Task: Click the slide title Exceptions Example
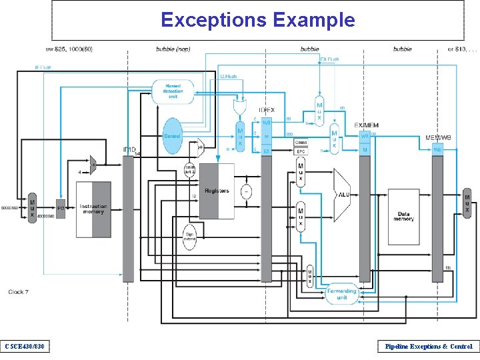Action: point(257,20)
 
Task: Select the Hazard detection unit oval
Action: point(173,92)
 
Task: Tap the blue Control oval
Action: point(172,136)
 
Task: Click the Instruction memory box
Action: point(93,209)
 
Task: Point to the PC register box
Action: point(61,209)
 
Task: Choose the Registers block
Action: point(217,191)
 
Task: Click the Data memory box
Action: point(403,216)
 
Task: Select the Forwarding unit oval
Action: point(341,293)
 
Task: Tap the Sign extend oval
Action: point(190,236)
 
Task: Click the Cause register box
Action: point(301,142)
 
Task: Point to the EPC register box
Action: point(301,151)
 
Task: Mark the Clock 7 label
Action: point(19,291)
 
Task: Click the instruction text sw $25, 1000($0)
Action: point(69,49)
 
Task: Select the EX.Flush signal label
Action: point(329,59)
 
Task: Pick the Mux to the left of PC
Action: point(32,208)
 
